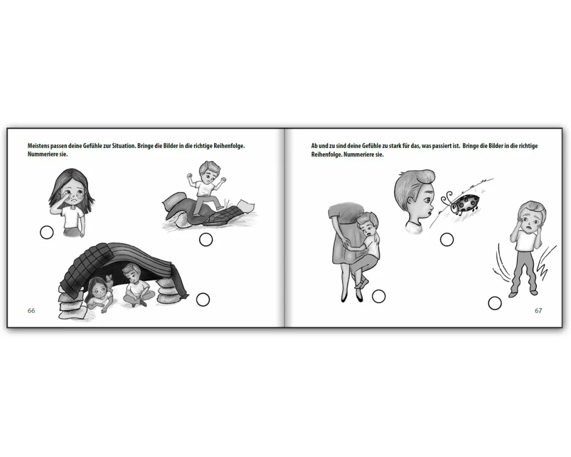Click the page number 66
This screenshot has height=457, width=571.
[x=31, y=311]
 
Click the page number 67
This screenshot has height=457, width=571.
[x=538, y=311]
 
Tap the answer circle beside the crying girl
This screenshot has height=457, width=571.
[x=47, y=232]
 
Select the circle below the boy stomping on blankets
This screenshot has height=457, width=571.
[x=206, y=240]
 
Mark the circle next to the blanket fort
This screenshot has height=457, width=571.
[x=203, y=299]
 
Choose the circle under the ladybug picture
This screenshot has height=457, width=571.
[x=447, y=239]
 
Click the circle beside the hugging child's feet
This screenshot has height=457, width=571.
[x=379, y=296]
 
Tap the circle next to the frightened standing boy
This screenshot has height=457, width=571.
[x=494, y=303]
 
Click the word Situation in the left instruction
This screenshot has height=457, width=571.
[x=124, y=146]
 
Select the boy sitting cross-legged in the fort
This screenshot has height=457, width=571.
[x=135, y=287]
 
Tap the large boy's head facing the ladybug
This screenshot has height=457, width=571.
[x=415, y=200]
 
